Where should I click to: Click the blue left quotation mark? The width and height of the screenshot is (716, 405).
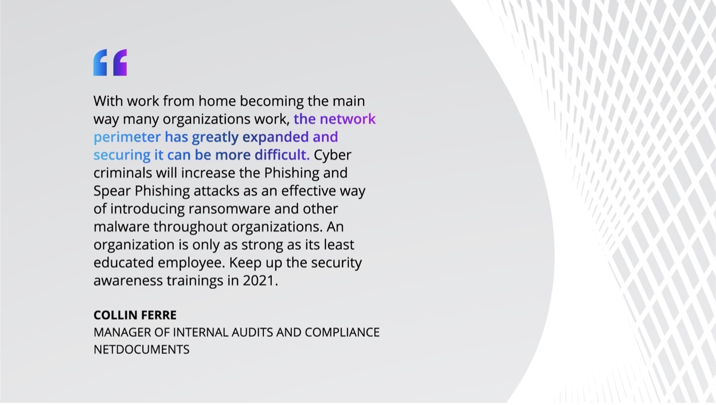tap(100, 63)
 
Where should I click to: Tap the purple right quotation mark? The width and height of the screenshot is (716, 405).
tap(120, 63)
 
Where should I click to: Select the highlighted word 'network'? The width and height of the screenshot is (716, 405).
tap(348, 119)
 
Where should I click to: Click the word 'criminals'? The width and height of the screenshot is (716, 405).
tap(123, 173)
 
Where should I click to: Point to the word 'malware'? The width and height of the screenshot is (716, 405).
tap(122, 227)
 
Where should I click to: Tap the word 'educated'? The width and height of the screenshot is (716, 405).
tap(124, 263)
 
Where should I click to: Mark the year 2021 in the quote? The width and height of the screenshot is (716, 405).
tap(258, 281)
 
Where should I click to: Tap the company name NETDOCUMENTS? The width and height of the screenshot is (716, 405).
tap(141, 350)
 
